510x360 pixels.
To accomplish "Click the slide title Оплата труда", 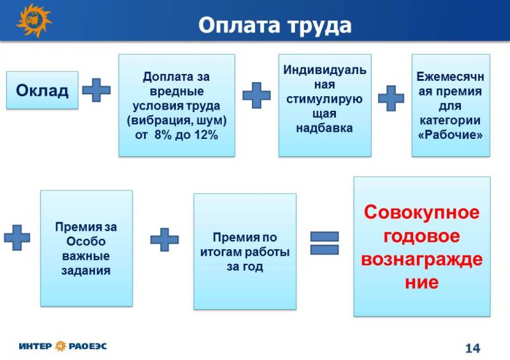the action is point(275,25).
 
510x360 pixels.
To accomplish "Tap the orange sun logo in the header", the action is point(34,20).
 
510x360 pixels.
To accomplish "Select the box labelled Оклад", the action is point(42,90).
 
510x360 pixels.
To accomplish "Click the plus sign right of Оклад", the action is point(96,90).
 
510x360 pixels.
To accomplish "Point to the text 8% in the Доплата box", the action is point(163,134).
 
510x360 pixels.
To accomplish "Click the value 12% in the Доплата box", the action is point(206,134).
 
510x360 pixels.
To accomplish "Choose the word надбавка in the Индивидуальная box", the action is point(324,128).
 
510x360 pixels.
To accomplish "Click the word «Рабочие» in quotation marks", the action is point(451,134).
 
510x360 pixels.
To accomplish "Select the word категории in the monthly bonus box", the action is point(450,120).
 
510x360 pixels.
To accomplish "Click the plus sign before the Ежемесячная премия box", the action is point(391,98).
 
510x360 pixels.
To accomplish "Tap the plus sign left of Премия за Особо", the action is point(17,238).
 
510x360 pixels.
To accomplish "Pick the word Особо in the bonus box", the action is point(86,241).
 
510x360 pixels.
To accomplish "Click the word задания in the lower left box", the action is point(86,271).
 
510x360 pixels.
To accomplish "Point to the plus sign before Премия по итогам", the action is point(164,240).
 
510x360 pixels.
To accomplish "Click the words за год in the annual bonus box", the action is point(245,267).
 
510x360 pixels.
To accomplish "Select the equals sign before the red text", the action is point(324,243).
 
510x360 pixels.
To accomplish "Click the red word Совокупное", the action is point(422,213).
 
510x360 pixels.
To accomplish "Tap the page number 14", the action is point(472,349).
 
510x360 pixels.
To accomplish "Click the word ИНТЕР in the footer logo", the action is point(35,346).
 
